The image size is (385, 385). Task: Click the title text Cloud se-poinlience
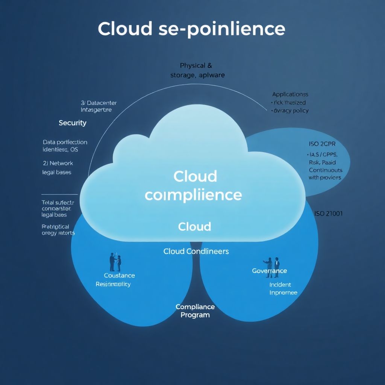click(x=191, y=29)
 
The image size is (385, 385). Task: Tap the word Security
click(x=73, y=123)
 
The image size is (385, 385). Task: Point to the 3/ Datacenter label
click(x=99, y=103)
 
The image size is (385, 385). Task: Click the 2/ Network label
click(x=58, y=163)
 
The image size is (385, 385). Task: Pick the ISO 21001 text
click(x=328, y=214)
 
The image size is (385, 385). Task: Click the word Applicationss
click(x=290, y=94)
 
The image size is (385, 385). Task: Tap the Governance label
click(x=269, y=271)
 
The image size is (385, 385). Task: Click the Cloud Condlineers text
click(x=196, y=251)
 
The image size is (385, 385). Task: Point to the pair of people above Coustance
click(x=115, y=262)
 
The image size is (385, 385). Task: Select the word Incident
click(x=280, y=285)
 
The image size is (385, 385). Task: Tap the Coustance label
click(x=119, y=276)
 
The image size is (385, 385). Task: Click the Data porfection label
click(x=65, y=142)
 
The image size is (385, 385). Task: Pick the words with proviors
click(x=324, y=177)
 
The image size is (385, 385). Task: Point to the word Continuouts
click(x=326, y=170)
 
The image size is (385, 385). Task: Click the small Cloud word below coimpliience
click(x=194, y=226)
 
